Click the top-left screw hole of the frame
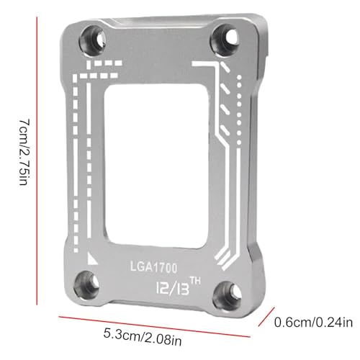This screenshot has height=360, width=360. tap(92, 40)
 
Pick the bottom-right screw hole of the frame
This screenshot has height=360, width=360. tap(227, 295)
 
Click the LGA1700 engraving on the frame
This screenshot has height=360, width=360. tap(153, 267)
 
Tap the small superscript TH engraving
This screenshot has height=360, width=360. tap(195, 281)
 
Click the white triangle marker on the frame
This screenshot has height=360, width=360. tap(92, 258)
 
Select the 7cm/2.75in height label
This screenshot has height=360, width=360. tap(24, 152)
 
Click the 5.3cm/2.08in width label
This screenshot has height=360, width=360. tap(143, 336)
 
